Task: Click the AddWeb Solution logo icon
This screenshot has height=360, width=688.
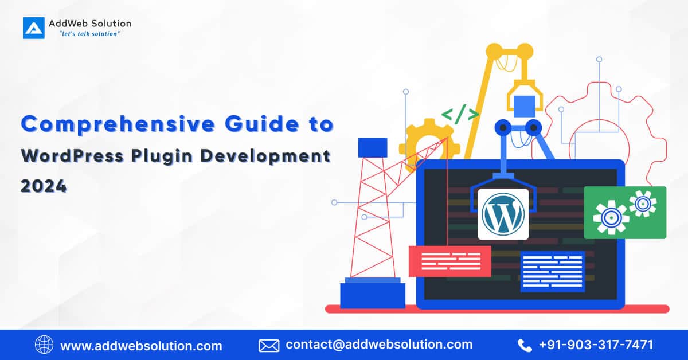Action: point(33,28)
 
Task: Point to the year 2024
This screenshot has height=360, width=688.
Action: point(44,186)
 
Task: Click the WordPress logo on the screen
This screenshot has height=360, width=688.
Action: point(503,213)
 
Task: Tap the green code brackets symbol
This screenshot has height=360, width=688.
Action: point(460,115)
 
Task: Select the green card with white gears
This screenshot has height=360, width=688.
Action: point(625,212)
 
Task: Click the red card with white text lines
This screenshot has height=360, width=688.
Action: point(449,261)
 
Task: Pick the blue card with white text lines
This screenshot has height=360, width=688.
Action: point(552,271)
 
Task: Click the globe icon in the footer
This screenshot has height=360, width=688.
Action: point(44,345)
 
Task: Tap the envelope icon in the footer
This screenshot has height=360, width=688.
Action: point(269,345)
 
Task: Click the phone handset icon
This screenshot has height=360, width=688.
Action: point(525,345)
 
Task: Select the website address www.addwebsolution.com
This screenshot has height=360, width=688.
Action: point(141,346)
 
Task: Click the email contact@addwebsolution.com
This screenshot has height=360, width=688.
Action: point(379,345)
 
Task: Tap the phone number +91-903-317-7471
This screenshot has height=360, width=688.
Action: point(596,345)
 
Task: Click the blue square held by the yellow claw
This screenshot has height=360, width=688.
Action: point(524,107)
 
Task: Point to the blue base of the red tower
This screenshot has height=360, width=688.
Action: point(373,295)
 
